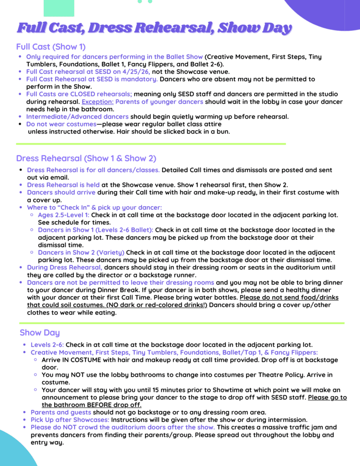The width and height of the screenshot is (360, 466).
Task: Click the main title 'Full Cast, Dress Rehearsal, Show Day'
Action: [154, 28]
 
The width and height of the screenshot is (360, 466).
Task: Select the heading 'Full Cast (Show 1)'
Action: [51, 47]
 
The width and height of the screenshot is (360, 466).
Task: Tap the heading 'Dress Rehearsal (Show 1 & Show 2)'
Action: [86, 158]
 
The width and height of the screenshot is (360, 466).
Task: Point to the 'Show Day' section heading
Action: [40, 333]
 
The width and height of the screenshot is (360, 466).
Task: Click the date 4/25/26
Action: [136, 71]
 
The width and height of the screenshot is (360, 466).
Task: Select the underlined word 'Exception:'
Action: [97, 101]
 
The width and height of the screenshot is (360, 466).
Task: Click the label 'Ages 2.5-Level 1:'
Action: [64, 215]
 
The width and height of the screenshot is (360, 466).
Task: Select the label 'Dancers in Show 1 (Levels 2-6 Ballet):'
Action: [96, 230]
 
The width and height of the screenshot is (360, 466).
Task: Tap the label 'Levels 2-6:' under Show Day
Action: [47, 345]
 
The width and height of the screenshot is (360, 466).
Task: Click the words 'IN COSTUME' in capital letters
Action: [77, 360]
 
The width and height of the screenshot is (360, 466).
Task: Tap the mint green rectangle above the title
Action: [59, 8]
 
